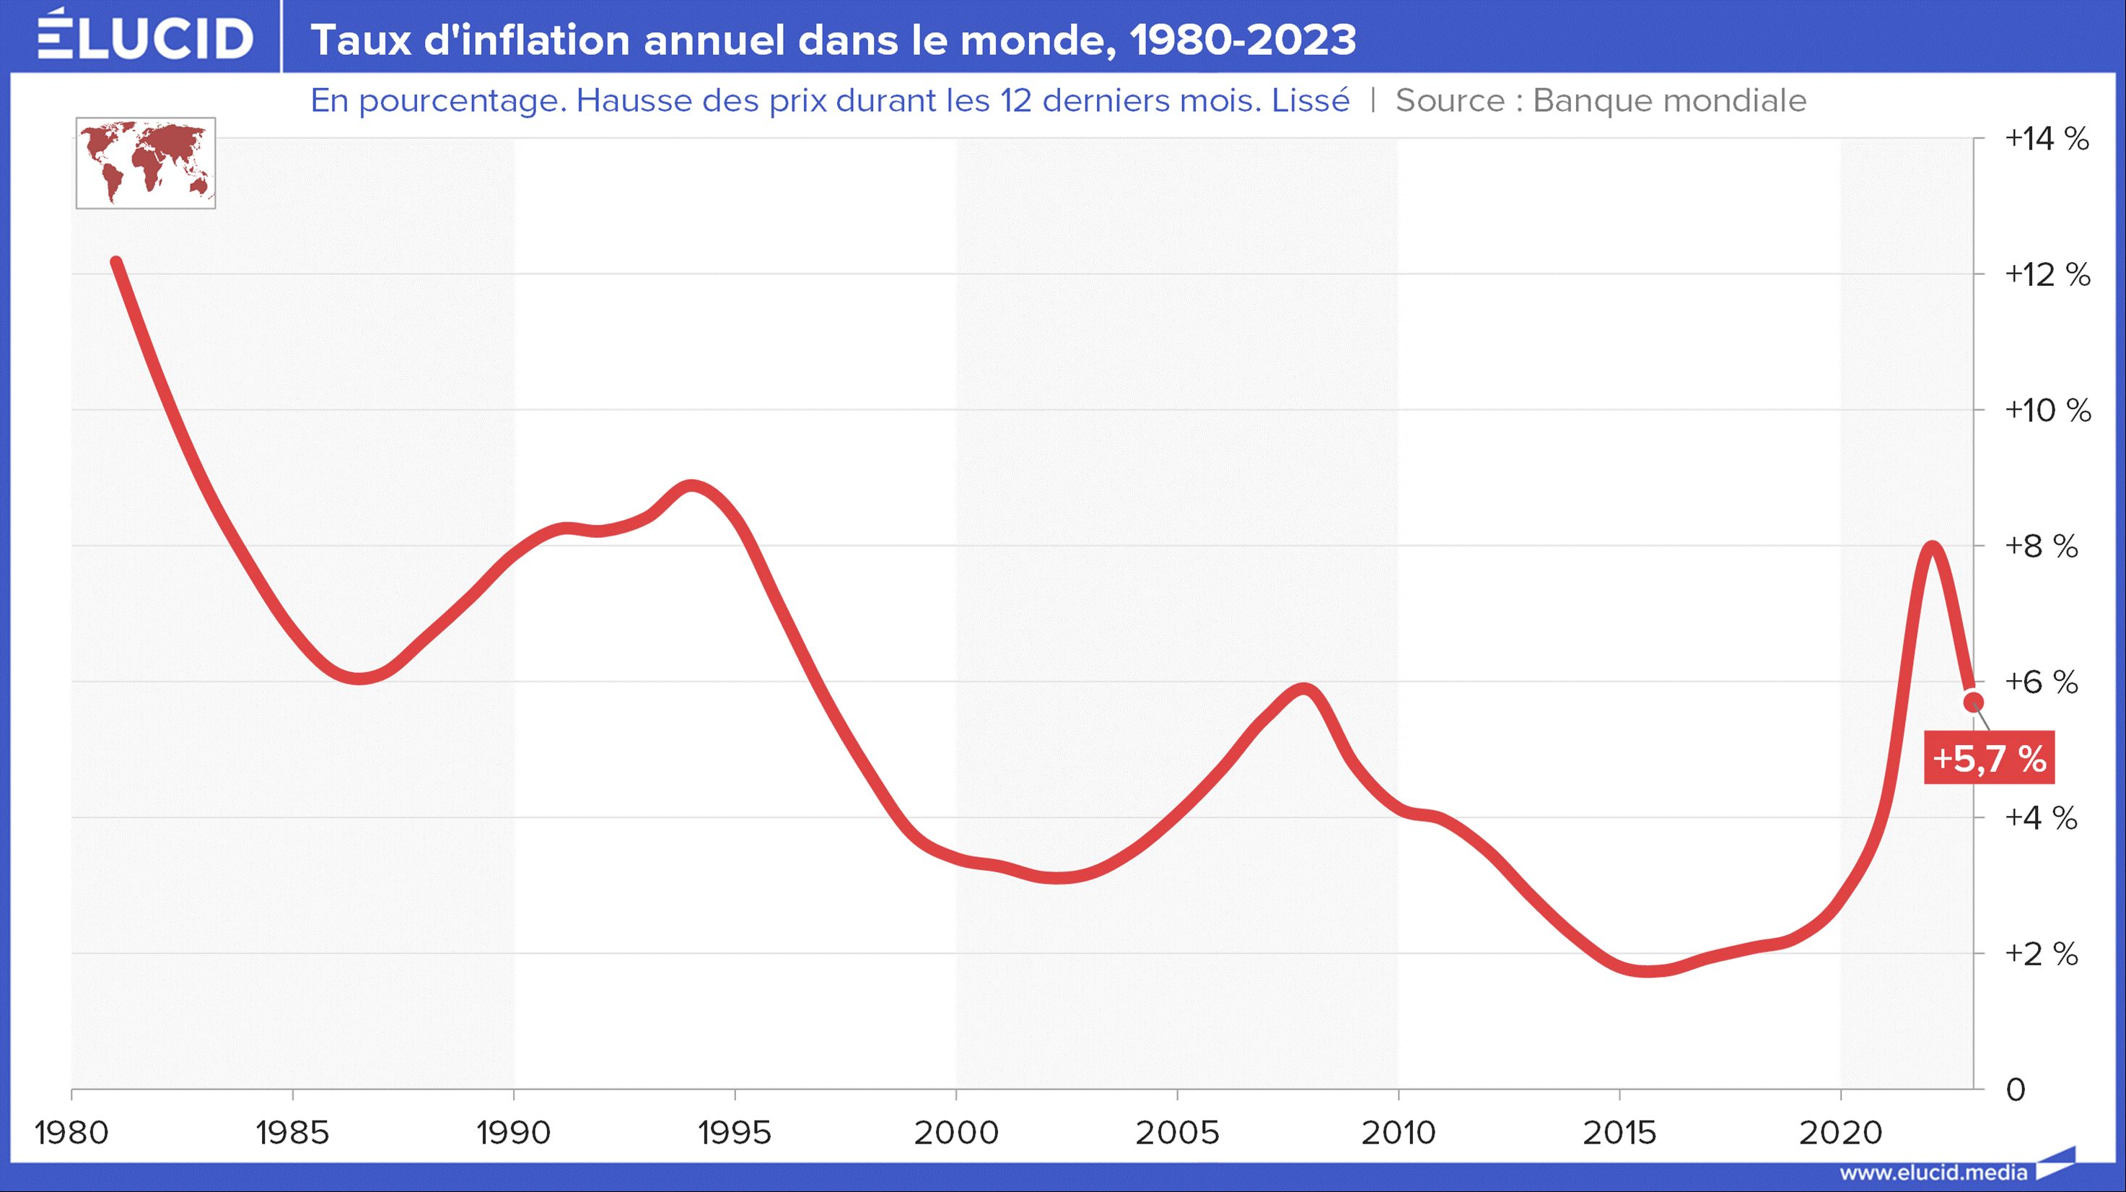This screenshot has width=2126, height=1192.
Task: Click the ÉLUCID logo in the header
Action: pyautogui.click(x=145, y=36)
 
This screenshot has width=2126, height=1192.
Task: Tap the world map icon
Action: pyautogui.click(x=145, y=162)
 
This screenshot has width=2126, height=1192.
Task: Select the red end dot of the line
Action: pyautogui.click(x=1973, y=702)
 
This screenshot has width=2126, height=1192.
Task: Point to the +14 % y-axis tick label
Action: pyautogui.click(x=2046, y=139)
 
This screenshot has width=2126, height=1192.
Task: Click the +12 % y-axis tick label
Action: pyautogui.click(x=2047, y=274)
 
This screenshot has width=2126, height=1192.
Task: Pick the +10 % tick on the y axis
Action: pyautogui.click(x=2047, y=410)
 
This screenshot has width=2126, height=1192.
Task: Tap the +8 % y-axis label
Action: pyautogui.click(x=2040, y=546)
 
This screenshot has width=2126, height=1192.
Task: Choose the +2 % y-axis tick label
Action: pyautogui.click(x=2040, y=954)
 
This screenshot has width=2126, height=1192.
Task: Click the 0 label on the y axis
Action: pyautogui.click(x=2015, y=1089)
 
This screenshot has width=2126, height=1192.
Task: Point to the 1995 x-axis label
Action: pyautogui.click(x=735, y=1133)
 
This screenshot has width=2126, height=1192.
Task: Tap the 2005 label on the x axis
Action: pyautogui.click(x=1177, y=1133)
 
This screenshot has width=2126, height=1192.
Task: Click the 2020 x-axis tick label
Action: pyautogui.click(x=1840, y=1133)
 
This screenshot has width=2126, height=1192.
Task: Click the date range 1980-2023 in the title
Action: pyautogui.click(x=1242, y=40)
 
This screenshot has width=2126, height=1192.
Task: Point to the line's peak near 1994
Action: pyautogui.click(x=691, y=485)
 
